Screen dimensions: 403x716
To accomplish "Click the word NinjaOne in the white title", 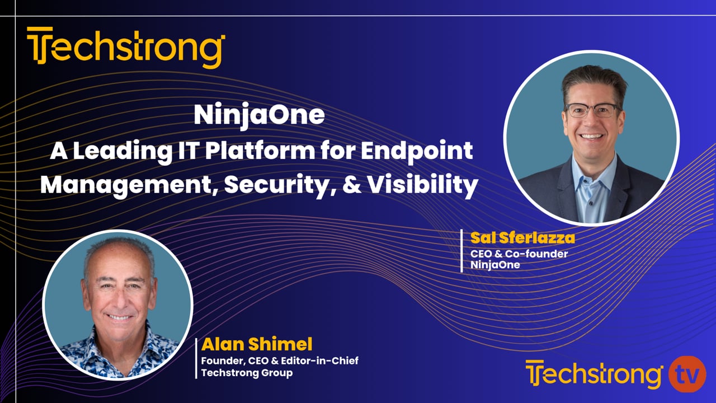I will tap(259, 115).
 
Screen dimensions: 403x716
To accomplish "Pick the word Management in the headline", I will tap(128, 185).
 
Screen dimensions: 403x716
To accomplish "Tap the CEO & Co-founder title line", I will tap(519, 254).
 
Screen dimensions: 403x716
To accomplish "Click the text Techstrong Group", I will tap(247, 373).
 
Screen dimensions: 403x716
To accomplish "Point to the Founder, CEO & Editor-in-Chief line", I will tap(280, 360).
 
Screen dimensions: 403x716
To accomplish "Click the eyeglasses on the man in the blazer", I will tap(591, 109).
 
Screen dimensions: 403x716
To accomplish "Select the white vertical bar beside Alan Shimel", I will tap(196, 358).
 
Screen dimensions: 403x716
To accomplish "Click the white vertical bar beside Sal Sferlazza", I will tap(461, 250).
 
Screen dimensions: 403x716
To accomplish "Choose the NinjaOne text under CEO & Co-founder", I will tap(495, 265).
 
